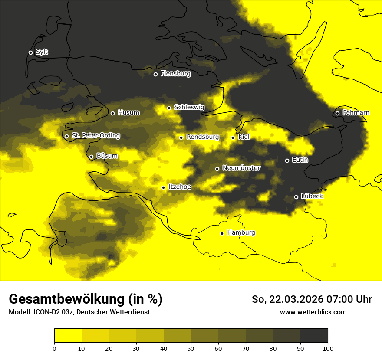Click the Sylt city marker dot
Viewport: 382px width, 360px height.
pos(30,52)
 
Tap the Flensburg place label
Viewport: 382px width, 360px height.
pos(175,74)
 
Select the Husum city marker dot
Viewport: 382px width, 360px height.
pos(112,113)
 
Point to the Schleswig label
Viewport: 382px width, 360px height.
pos(189,107)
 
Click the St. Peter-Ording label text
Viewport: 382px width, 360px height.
pos(95,136)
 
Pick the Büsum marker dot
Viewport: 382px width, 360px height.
pos(91,157)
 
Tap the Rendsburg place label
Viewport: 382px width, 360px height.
pos(202,137)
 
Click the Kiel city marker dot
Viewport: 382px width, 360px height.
pos(233,137)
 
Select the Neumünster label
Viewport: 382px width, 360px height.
pos(241,168)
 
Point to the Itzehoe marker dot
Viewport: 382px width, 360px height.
pos(163,187)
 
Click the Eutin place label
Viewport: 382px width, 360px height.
pos(300,160)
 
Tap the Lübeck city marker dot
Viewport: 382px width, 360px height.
pos(296,197)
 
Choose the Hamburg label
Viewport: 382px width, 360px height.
pos(241,233)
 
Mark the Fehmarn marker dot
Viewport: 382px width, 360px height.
pos(337,113)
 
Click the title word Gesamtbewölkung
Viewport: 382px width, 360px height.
pos(66,299)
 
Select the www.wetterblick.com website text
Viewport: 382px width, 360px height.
pos(313,312)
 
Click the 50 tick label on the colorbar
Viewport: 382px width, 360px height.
pos(191,348)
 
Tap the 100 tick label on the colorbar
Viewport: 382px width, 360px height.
pos(328,348)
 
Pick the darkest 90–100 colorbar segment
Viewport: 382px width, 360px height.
pos(314,336)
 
